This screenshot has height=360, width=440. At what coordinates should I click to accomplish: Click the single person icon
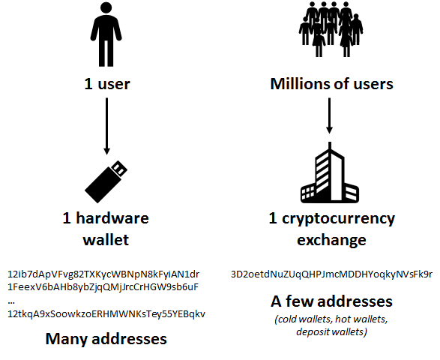point(106,34)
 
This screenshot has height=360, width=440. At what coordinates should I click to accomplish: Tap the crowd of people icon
point(331,29)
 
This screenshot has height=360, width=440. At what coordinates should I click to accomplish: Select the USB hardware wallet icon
point(106,181)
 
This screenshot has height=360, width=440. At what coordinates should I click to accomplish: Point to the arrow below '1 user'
point(106,126)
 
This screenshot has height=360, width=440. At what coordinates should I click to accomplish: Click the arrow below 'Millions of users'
point(330,115)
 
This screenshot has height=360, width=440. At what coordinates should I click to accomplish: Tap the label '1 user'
point(107,84)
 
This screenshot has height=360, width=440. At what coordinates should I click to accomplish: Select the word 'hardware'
point(112,218)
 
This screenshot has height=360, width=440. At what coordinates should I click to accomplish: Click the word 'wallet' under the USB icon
point(106,240)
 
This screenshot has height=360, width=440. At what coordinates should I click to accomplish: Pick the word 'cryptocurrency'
point(338,219)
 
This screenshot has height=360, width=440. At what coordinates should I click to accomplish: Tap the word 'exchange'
point(331,240)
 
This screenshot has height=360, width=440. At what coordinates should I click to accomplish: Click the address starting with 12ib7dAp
point(103,274)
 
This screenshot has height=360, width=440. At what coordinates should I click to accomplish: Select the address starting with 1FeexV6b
point(103,286)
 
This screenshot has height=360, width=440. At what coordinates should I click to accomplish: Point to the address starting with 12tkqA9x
point(106,313)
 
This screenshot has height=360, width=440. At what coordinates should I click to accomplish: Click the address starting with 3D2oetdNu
point(331,274)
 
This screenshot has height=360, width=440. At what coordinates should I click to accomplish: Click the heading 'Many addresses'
point(106,339)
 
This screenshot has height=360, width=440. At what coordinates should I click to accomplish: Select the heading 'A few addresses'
point(331,301)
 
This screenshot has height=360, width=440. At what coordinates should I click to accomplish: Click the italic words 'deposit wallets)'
point(331,332)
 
